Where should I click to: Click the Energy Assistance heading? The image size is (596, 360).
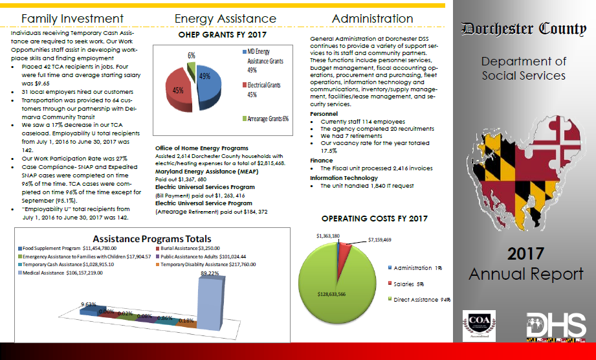(x=225, y=19)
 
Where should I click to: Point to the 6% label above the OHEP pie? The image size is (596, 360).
(x=192, y=56)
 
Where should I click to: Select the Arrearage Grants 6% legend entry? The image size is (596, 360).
(x=265, y=118)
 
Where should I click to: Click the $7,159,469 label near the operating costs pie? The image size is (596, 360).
(x=380, y=240)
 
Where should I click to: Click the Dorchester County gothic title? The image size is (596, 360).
(x=524, y=28)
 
